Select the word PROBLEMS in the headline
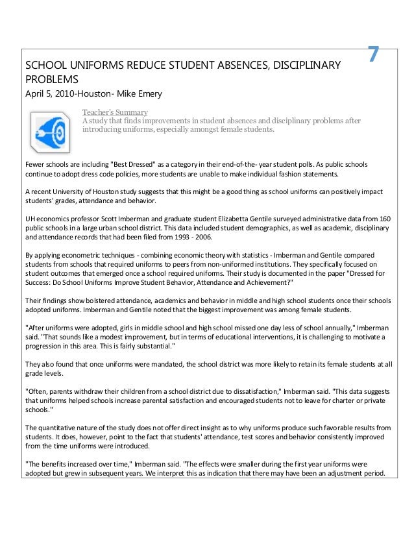(51, 80)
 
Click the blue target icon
(53, 130)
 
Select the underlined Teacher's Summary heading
(114, 112)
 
